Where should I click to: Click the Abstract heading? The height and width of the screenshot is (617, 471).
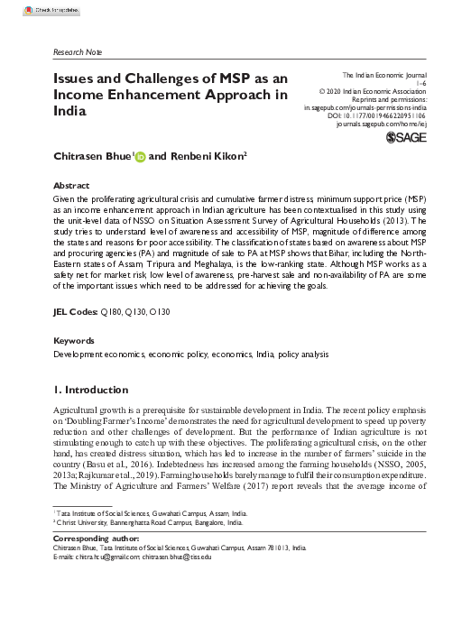point(73,183)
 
